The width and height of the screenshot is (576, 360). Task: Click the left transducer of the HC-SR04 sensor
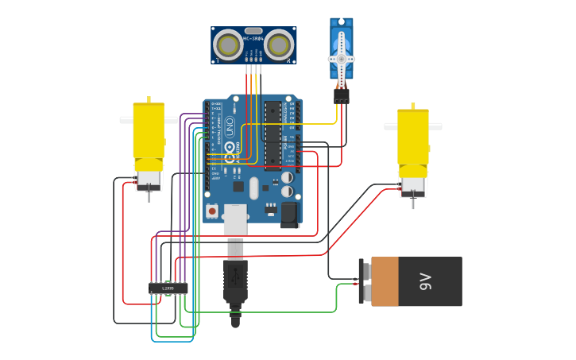(229, 45)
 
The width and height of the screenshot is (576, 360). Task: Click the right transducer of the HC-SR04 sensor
(279, 45)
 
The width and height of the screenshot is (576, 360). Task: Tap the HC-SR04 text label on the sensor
(253, 38)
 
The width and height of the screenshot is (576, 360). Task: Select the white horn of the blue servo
(342, 59)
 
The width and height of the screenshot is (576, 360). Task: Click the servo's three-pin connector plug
(342, 95)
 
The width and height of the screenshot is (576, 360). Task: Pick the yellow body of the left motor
(149, 131)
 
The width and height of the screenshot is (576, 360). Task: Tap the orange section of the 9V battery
(385, 281)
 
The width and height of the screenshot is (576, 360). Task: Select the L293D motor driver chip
(168, 288)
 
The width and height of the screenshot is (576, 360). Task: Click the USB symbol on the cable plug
(235, 281)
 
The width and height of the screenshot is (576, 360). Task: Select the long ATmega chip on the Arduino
(273, 135)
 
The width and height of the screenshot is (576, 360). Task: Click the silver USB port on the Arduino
(235, 219)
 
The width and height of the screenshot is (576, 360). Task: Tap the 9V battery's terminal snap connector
(363, 281)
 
